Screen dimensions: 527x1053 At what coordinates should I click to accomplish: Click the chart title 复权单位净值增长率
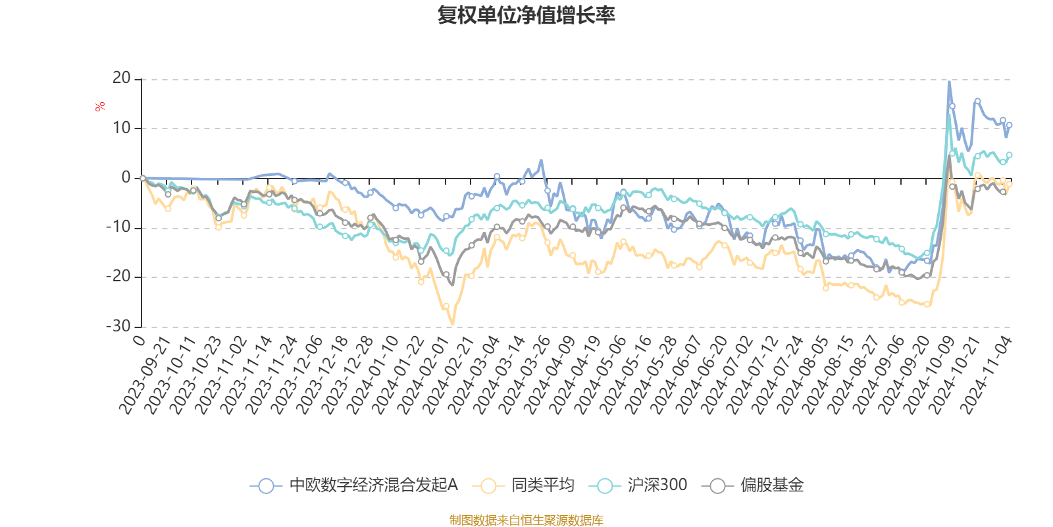pyautogui.click(x=526, y=15)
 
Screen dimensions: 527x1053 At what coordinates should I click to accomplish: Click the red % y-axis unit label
pyautogui.click(x=100, y=106)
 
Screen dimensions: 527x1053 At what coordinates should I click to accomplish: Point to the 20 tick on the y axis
pyautogui.click(x=122, y=78)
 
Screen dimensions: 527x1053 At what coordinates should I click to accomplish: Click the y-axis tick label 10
pyautogui.click(x=122, y=128)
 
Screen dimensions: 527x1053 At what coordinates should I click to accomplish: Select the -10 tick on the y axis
pyautogui.click(x=118, y=227)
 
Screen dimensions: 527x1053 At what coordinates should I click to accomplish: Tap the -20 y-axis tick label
pyautogui.click(x=118, y=277)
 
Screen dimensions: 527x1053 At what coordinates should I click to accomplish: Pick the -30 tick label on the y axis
pyautogui.click(x=118, y=326)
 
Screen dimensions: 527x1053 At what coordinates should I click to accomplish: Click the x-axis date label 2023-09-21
pyautogui.click(x=147, y=375)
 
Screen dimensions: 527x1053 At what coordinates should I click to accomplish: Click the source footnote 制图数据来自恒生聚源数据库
pyautogui.click(x=526, y=520)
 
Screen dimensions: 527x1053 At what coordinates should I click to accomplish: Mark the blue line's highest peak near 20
pyautogui.click(x=948, y=82)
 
